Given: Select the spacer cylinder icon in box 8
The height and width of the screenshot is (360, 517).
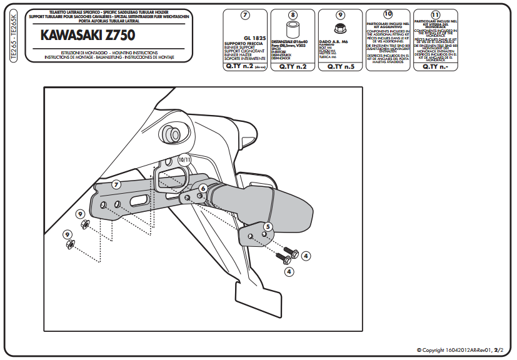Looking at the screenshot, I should [292, 30].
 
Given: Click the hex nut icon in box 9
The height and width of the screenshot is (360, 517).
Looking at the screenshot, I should [341, 28].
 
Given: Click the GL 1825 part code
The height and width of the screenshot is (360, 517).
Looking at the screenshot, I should [254, 37].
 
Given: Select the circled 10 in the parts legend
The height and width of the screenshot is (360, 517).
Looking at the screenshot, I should [388, 13].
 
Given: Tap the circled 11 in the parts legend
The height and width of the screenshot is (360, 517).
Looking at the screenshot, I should [436, 13].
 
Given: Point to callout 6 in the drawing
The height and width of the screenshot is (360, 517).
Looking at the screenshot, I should [203, 187].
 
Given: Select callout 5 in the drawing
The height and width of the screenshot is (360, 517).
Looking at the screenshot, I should [267, 226].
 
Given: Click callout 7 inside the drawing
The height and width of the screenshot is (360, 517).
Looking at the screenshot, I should [116, 184].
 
